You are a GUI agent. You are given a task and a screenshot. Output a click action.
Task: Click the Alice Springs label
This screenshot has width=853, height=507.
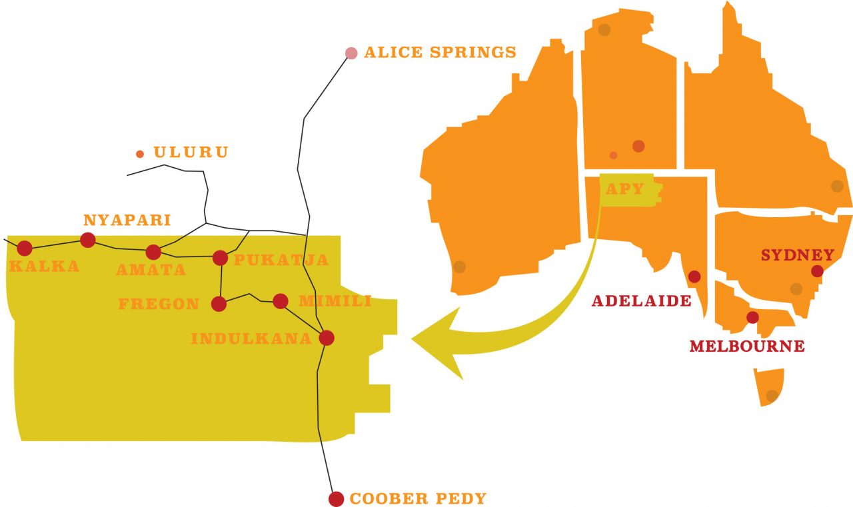(x=440, y=52)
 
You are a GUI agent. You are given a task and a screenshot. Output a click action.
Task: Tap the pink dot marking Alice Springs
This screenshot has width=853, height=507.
(x=351, y=53)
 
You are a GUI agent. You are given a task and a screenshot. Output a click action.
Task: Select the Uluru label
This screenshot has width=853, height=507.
(x=191, y=153)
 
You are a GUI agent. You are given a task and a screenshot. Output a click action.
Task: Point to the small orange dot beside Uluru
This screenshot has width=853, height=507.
(x=140, y=155)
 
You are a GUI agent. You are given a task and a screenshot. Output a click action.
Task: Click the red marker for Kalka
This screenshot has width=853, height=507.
(x=25, y=249)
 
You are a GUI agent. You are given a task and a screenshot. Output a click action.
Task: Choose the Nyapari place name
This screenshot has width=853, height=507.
(x=127, y=220)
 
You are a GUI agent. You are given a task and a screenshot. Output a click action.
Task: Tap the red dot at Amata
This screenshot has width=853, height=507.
(x=153, y=253)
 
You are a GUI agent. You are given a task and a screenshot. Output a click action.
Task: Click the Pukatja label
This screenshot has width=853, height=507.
(x=281, y=260)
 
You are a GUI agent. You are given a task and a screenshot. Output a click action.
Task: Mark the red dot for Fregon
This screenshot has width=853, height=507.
(x=219, y=304)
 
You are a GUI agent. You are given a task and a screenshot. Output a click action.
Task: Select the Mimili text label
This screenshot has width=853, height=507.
(x=335, y=301)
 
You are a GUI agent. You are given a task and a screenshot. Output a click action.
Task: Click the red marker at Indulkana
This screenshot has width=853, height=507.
(x=326, y=338)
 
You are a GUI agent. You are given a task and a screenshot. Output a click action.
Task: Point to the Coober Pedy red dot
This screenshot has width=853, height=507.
(x=337, y=499)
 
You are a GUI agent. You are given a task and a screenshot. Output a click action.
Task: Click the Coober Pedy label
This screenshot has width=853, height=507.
(x=418, y=498)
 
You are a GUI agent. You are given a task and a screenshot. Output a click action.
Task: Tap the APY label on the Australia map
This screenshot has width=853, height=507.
(x=624, y=189)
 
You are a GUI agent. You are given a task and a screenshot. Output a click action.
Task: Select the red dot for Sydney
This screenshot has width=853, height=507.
(x=818, y=271)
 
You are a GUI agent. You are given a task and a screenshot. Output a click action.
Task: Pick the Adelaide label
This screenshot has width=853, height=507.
(x=641, y=300)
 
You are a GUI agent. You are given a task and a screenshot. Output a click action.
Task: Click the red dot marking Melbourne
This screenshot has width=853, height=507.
(x=752, y=318)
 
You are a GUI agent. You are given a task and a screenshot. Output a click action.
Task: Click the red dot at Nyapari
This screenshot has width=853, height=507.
(x=88, y=240)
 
